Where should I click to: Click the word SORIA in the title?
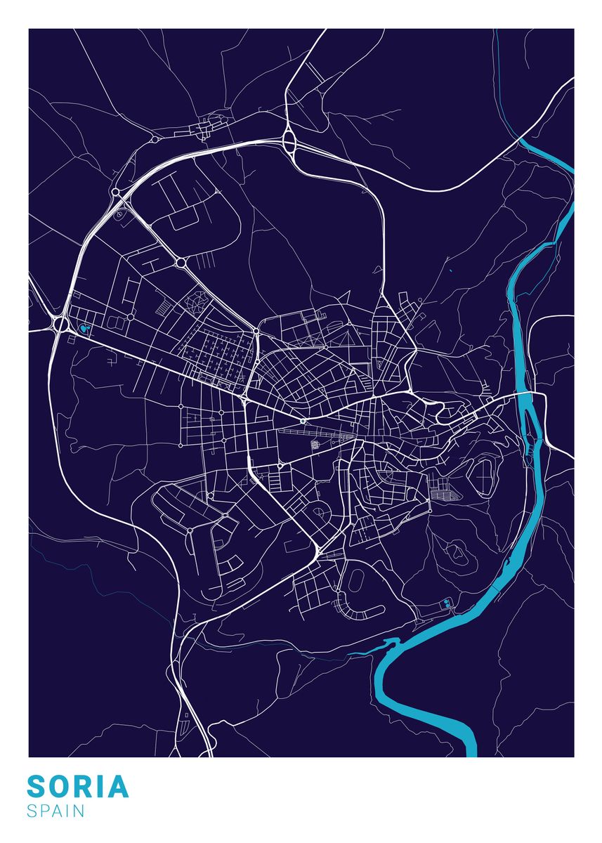pyautogui.click(x=78, y=787)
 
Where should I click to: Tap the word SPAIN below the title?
pyautogui.click(x=55, y=811)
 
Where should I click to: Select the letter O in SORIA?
pyautogui.click(x=62, y=787)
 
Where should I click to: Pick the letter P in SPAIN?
pyautogui.click(x=44, y=811)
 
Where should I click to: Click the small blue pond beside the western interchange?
pyautogui.click(x=85, y=327)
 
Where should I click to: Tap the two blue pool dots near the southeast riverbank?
pyautogui.click(x=446, y=602)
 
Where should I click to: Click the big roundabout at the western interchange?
pyautogui.click(x=59, y=324)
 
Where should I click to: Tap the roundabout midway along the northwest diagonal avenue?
pyautogui.click(x=181, y=263)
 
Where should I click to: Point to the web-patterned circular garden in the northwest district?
pyautogui.click(x=197, y=302)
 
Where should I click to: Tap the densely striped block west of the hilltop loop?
pyautogui.click(x=444, y=489)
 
